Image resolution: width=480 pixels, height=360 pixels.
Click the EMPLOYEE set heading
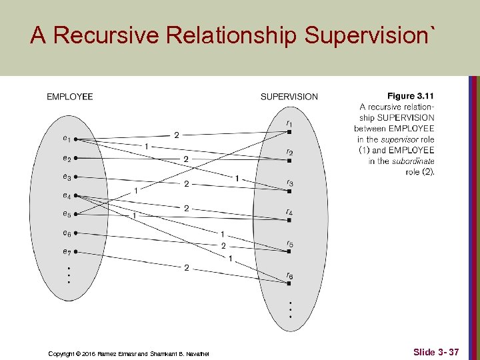pyautogui.click(x=69, y=97)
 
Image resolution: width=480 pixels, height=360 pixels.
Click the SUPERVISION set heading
pyautogui.click(x=289, y=97)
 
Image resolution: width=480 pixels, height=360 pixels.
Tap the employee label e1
pyautogui.click(x=67, y=139)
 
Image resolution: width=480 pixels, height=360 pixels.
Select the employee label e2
pyautogui.click(x=67, y=159)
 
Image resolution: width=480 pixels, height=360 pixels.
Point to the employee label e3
pyautogui.click(x=67, y=177)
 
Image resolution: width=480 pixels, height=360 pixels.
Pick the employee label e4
pyautogui.click(x=67, y=196)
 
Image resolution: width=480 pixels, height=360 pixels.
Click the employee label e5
pyautogui.click(x=67, y=214)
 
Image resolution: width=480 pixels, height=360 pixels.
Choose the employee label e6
pyautogui.click(x=67, y=233)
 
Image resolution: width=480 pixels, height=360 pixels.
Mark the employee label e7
pyautogui.click(x=67, y=251)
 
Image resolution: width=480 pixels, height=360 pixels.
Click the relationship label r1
pyautogui.click(x=289, y=123)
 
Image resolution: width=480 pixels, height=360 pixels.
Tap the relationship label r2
pyautogui.click(x=289, y=152)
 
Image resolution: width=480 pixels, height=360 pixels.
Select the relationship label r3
pyautogui.click(x=289, y=183)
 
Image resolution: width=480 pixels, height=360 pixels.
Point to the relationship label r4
pyautogui.click(x=289, y=213)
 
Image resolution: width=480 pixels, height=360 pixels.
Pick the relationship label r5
pyautogui.click(x=289, y=245)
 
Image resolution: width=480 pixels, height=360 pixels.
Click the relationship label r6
pyautogui.click(x=289, y=275)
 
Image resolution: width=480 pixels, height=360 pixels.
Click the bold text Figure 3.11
pyautogui.click(x=411, y=97)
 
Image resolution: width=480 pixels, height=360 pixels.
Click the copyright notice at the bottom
pyautogui.click(x=129, y=353)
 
